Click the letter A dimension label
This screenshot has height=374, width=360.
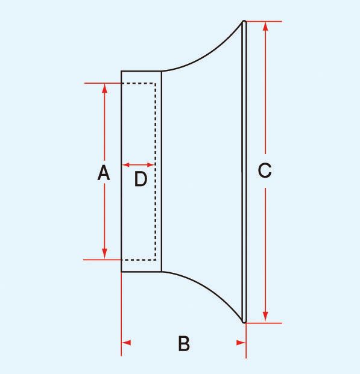(104, 172)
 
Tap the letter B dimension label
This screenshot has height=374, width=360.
(184, 343)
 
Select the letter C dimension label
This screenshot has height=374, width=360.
(265, 170)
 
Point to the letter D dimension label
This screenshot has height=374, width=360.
(141, 179)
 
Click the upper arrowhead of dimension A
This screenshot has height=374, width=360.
(104, 89)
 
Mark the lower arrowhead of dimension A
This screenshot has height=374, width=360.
(104, 254)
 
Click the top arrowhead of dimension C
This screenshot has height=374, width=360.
(265, 26)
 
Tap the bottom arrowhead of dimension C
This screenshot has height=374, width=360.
(265, 317)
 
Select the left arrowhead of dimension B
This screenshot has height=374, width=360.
(127, 343)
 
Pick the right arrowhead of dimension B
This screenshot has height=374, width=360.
(241, 343)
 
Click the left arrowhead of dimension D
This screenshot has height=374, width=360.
(125, 164)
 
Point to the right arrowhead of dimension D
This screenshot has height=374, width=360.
(151, 164)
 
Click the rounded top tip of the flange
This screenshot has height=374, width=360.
(244, 21)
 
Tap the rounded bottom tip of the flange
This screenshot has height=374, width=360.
(244, 322)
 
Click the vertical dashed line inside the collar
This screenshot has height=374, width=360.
(156, 172)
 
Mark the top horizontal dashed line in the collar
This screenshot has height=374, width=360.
(139, 84)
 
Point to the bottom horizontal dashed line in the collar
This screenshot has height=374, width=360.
(139, 260)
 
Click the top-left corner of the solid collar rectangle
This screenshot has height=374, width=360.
(121, 71)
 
